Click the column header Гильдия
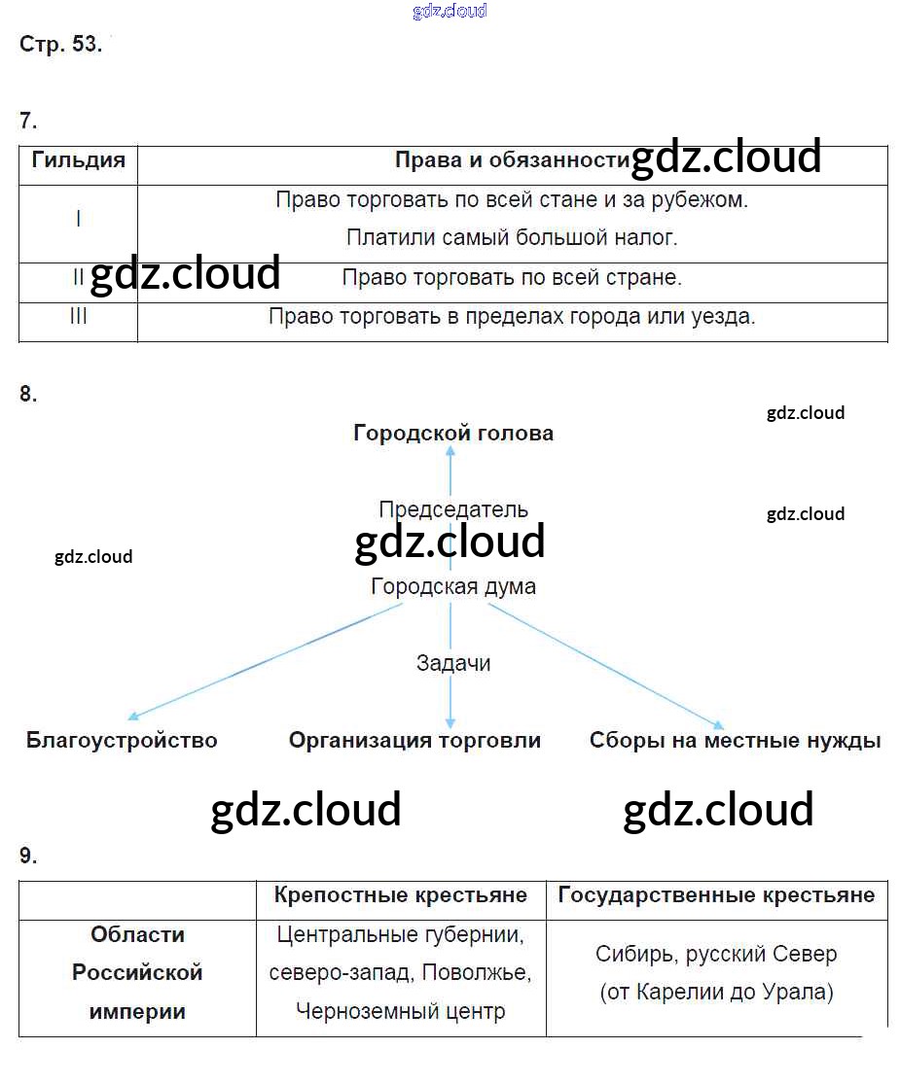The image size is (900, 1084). (78, 160)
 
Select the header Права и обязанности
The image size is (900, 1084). (513, 160)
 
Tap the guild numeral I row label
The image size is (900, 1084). (78, 219)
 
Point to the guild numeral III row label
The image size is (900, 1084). (78, 316)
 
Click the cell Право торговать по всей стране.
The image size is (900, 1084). (512, 277)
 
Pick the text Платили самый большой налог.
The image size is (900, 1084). (512, 238)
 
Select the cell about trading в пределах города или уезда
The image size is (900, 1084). (512, 317)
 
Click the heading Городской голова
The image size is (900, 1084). (453, 434)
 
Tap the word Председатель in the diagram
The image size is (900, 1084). (453, 509)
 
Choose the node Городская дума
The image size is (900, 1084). (453, 586)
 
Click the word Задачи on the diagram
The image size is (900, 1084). (453, 663)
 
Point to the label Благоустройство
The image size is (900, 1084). (122, 741)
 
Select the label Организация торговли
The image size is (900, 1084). (414, 741)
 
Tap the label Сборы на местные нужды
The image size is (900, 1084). (735, 741)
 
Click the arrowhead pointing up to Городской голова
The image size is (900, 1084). (450, 451)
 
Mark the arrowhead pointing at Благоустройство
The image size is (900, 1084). (133, 717)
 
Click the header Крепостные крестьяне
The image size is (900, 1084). (401, 895)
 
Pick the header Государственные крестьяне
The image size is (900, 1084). (716, 895)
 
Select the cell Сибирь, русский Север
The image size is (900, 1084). (716, 954)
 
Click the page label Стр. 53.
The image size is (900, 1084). (61, 45)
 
